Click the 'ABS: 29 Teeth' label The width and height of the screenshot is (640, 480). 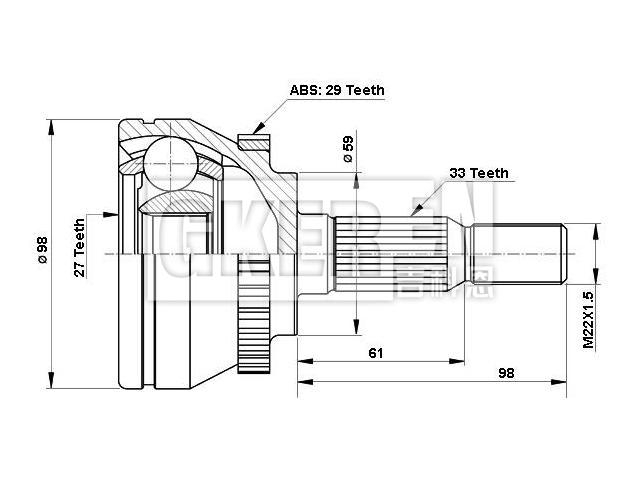point(336,90)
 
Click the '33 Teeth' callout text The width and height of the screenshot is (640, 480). point(478,173)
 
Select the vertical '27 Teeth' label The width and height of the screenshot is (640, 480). point(79,246)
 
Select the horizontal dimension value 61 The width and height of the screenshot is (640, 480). point(377,353)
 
